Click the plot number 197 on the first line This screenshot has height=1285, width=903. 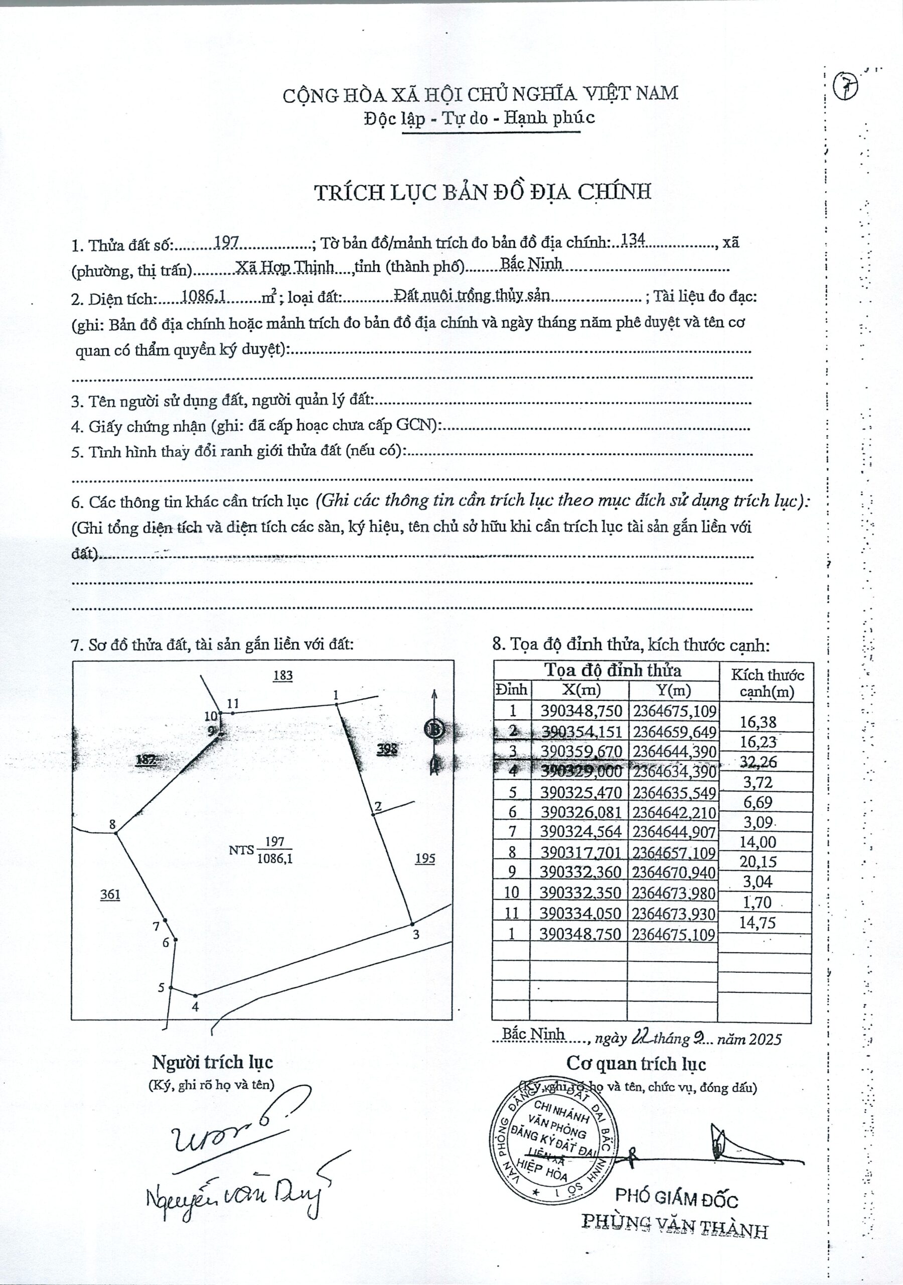click(228, 242)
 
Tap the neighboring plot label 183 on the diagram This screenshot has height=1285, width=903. click(283, 676)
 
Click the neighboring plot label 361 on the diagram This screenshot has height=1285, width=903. click(110, 894)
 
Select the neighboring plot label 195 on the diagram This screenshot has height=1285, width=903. click(425, 858)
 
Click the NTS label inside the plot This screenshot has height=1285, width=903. click(241, 850)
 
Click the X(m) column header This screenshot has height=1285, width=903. click(579, 690)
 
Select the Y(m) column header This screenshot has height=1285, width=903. click(674, 690)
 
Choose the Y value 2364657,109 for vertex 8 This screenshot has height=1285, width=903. click(674, 852)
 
